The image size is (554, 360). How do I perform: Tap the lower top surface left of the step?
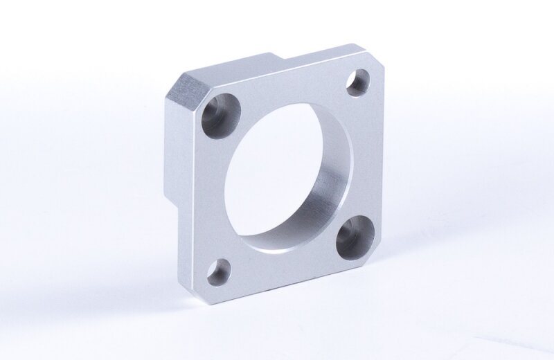pos(235,66)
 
